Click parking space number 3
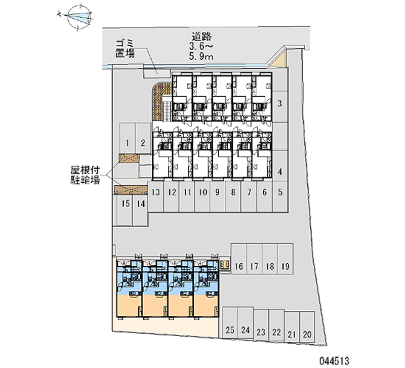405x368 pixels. click(x=279, y=104)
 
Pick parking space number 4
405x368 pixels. click(x=279, y=172)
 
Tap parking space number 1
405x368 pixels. click(x=128, y=143)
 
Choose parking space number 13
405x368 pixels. click(x=156, y=192)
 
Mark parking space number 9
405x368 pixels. click(x=217, y=192)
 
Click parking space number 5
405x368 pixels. click(x=279, y=192)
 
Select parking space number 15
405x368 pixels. click(x=126, y=204)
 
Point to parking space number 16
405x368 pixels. click(x=239, y=266)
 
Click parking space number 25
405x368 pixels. click(x=230, y=331)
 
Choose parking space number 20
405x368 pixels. click(x=307, y=334)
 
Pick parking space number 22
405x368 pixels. click(x=276, y=332)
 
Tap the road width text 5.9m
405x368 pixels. click(x=201, y=57)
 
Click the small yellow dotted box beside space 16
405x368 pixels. click(x=226, y=265)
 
